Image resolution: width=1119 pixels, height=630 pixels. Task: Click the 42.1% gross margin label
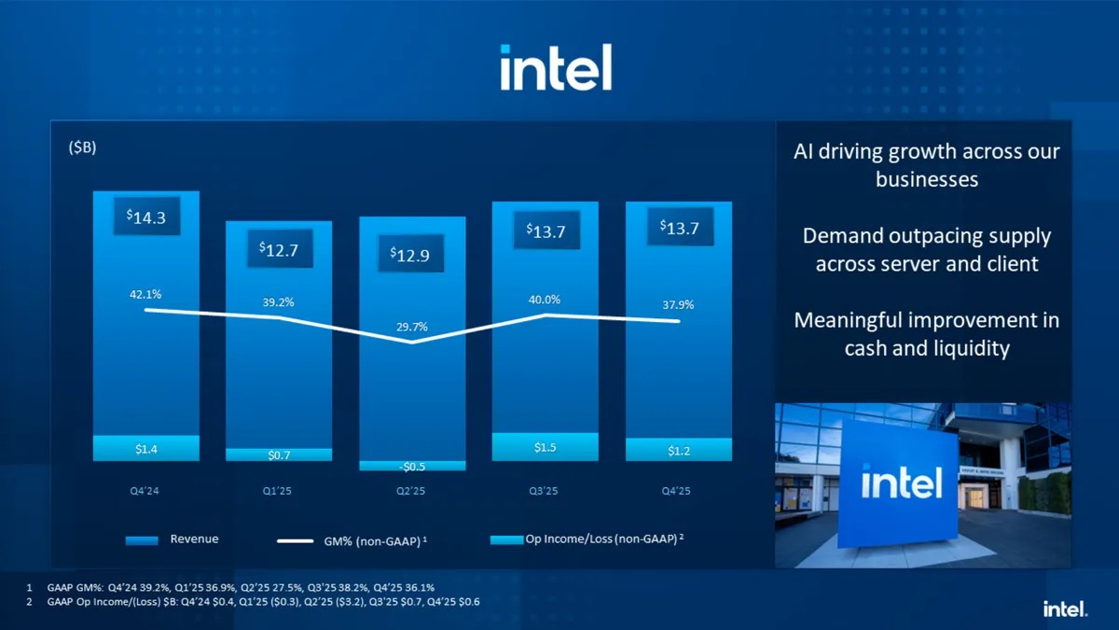click(145, 294)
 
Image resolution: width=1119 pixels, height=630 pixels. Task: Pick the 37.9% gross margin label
click(678, 304)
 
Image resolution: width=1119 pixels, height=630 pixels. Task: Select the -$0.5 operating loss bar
click(412, 466)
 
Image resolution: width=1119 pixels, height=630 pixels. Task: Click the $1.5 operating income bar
click(546, 447)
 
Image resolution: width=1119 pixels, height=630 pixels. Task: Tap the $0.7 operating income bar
click(279, 455)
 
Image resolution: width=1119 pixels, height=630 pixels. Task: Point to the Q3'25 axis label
click(546, 491)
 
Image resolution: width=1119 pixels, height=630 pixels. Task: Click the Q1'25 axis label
click(278, 491)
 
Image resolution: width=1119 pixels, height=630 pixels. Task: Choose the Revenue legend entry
click(173, 539)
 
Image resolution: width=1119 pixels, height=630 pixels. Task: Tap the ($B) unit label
click(82, 148)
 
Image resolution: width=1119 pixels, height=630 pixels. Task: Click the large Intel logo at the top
click(556, 67)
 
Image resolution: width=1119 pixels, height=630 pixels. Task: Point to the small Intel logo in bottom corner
click(1065, 609)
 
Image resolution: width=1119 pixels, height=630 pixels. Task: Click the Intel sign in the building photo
click(900, 483)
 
